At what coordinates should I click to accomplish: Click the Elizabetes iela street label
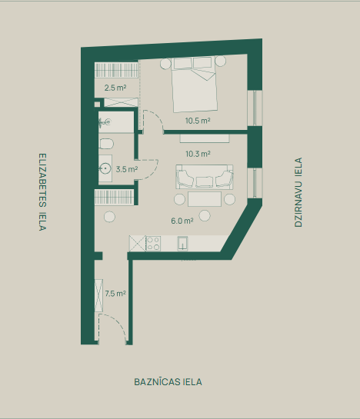coord(42,192)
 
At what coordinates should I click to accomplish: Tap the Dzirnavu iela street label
coord(298,192)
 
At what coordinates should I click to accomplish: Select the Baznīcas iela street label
coord(168,382)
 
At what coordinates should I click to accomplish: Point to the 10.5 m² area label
coord(198,121)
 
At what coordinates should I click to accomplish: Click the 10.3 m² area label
coord(198,154)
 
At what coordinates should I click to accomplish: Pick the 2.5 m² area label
coord(115,88)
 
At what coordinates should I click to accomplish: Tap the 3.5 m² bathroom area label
coord(127,169)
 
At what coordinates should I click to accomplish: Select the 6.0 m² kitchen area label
coord(182,221)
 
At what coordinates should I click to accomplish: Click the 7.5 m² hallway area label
coord(115,294)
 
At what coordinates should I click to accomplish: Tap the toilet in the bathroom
coord(106,144)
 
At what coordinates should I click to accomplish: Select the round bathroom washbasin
coord(105,168)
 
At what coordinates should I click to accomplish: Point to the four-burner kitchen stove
coord(153,243)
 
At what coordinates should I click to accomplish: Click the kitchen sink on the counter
coord(182,244)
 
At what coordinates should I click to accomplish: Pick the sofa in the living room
coord(205,177)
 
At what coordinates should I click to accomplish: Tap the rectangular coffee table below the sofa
coord(205,199)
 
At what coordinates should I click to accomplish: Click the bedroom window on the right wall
coord(255,108)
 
